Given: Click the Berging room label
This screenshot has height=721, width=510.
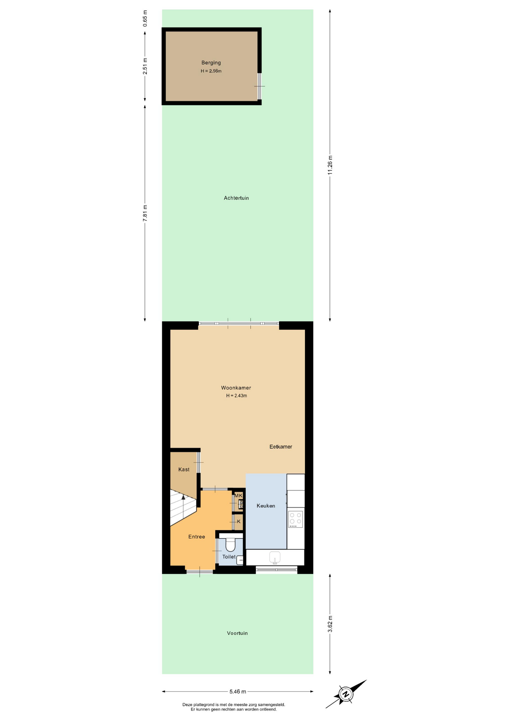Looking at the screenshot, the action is click(x=211, y=63).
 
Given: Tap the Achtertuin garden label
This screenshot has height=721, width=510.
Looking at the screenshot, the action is click(x=236, y=198).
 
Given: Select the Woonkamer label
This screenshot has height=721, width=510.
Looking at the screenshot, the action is click(x=236, y=388).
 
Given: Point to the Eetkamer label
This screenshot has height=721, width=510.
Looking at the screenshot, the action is click(x=281, y=446).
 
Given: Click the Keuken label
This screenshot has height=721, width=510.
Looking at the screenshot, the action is click(x=266, y=506).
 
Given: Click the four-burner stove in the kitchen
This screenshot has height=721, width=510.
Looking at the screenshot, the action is click(x=296, y=519).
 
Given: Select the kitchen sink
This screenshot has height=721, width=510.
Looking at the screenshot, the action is click(x=275, y=557).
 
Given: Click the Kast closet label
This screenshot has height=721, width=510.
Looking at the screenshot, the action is click(x=184, y=469).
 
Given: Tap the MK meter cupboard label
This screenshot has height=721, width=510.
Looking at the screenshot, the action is click(x=238, y=496).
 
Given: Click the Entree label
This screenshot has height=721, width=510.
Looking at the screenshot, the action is click(x=196, y=537).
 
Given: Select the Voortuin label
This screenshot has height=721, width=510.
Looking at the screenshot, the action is click(x=237, y=633).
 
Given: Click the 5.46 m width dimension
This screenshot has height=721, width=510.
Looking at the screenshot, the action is click(x=238, y=691).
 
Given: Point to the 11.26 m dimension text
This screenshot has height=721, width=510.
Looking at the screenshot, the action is click(x=330, y=165).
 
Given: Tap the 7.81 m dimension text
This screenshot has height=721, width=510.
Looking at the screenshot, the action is click(x=145, y=213).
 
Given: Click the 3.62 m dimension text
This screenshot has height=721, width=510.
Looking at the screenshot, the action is click(x=330, y=624).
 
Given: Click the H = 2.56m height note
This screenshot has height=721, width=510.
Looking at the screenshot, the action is click(x=211, y=71).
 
